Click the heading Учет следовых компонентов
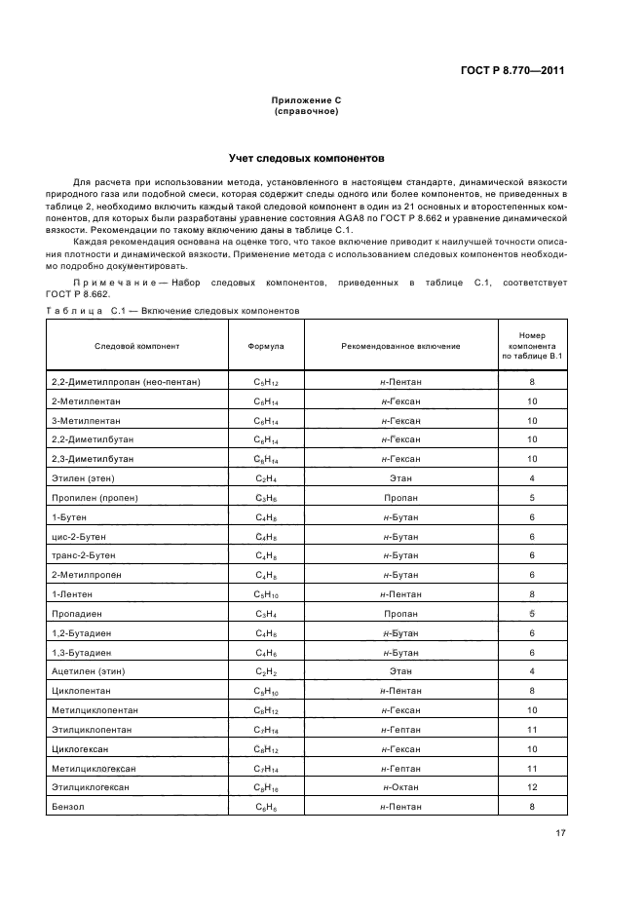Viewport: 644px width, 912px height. tap(307, 157)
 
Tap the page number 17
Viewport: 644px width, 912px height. tap(560, 832)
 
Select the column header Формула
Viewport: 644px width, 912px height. tap(267, 346)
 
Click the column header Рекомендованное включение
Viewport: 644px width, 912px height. tap(400, 346)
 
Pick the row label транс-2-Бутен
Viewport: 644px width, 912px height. tap(83, 555)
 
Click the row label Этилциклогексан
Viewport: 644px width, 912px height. tap(91, 787)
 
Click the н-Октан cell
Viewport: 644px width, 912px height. tap(400, 787)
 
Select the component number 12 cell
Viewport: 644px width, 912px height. tap(532, 787)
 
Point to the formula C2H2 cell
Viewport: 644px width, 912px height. tap(267, 671)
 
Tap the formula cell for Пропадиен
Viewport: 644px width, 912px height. tap(267, 614)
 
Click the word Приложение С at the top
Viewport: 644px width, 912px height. tap(306, 100)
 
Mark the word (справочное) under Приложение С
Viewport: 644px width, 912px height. tap(306, 111)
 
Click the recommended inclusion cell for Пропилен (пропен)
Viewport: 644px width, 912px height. tap(400, 498)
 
